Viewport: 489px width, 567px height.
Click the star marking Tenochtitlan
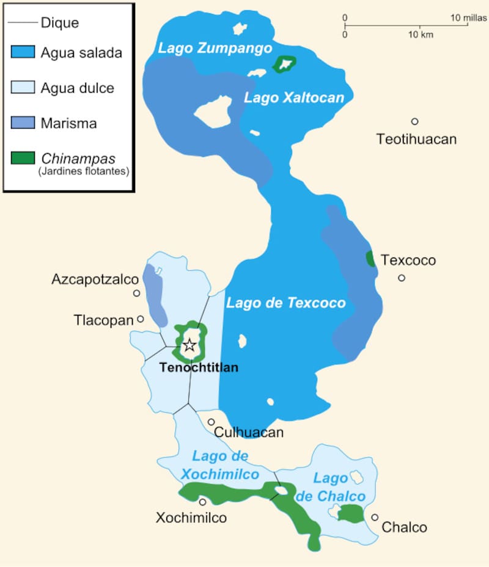tap(189, 345)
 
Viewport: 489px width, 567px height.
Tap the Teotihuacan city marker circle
tap(414, 121)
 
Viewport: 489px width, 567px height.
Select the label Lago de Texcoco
tap(286, 303)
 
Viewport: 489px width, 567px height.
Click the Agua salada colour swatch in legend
tap(23, 52)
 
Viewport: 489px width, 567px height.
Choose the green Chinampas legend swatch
tap(23, 159)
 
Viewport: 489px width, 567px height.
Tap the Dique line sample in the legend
tap(23, 23)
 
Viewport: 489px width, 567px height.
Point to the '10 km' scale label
tap(421, 35)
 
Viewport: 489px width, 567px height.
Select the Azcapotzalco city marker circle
tap(136, 294)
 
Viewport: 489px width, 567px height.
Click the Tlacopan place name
tap(103, 320)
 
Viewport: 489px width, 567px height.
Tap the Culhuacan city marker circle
tap(211, 422)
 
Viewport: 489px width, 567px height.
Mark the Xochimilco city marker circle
tap(202, 502)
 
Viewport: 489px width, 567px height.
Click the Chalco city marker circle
tap(375, 517)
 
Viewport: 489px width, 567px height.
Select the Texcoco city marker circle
tap(402, 278)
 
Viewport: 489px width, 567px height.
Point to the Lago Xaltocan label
tap(294, 98)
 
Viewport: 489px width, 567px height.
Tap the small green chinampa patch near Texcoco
tap(370, 259)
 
